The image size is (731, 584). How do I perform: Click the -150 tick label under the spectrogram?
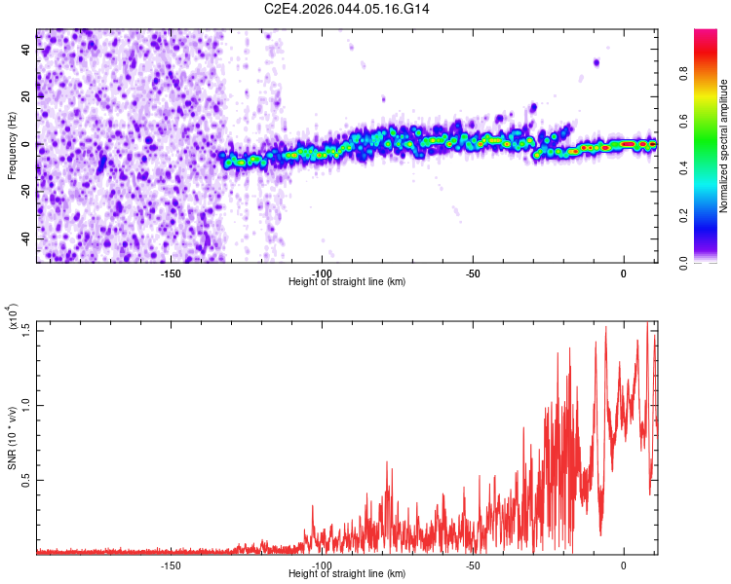coord(170,273)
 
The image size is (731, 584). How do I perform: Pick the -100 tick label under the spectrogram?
coord(322,273)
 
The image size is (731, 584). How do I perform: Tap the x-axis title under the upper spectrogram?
coord(347,282)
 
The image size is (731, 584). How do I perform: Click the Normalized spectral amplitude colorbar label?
coord(724,146)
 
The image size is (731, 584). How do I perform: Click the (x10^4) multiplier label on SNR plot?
coord(12,316)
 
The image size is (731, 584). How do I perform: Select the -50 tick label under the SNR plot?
coord(472,565)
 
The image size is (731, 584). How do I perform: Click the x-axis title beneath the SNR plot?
coord(347,574)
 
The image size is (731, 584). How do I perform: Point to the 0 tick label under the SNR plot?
coord(624,565)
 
